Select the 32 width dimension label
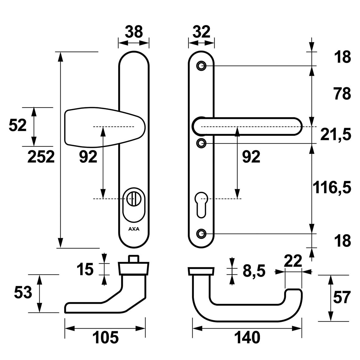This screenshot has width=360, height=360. [201, 31]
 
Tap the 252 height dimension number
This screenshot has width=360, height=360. [41, 157]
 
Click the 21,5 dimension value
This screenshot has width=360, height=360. [336, 134]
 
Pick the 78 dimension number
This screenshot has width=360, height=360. [342, 94]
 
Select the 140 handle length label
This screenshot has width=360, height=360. [247, 337]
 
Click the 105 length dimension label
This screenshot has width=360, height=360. [105, 337]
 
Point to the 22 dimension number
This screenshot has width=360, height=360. [293, 261]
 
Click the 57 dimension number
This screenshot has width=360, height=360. [342, 297]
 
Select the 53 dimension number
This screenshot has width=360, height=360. [23, 293]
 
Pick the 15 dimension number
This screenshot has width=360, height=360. [85, 269]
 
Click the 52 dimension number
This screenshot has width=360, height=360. [18, 125]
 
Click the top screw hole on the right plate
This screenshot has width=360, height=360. [201, 66]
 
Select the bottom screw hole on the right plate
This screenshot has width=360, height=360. [201, 234]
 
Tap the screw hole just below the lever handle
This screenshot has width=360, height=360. [201, 143]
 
